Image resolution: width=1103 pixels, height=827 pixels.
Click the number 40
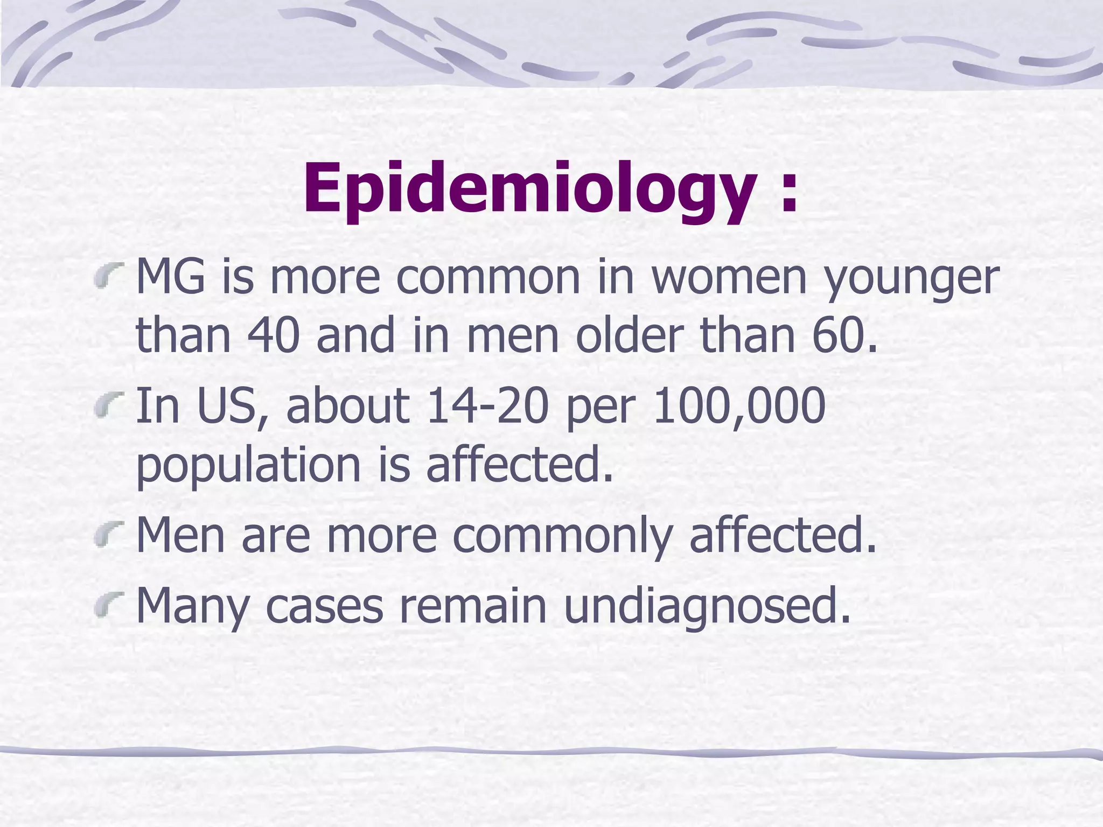coord(273,335)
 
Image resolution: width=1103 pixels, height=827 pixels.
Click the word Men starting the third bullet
coord(180,535)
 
